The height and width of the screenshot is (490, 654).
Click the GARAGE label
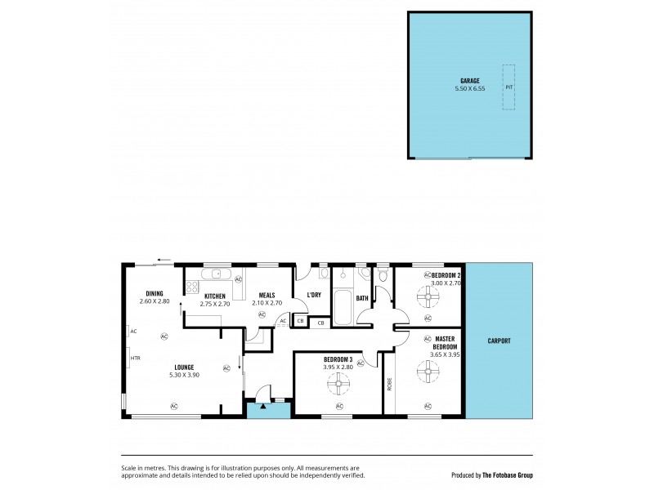(x=470, y=81)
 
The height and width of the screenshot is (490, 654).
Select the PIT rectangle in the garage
(x=509, y=87)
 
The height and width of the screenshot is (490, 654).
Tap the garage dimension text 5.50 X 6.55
(x=470, y=88)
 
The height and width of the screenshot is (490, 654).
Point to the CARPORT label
(x=499, y=341)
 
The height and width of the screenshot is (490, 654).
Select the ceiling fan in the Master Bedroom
(x=427, y=373)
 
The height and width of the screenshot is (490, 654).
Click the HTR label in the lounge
(x=135, y=357)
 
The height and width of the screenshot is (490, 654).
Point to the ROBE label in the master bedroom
(x=390, y=383)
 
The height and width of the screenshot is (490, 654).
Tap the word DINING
(x=155, y=294)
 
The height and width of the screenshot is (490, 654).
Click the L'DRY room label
(x=313, y=295)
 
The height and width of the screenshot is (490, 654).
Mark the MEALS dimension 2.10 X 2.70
(x=267, y=303)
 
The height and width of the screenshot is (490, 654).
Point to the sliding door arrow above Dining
(x=165, y=262)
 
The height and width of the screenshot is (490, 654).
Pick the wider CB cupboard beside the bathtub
(x=320, y=323)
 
